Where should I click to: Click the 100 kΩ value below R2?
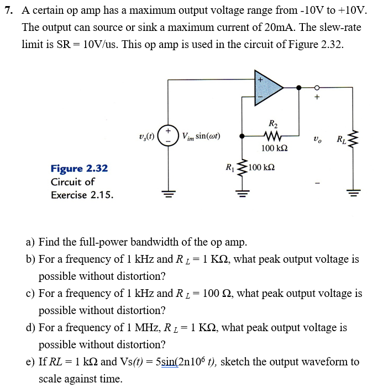274,149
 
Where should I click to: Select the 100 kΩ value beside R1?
261,167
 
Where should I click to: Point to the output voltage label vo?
317,139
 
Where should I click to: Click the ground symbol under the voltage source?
166,194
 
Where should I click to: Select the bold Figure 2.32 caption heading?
79,168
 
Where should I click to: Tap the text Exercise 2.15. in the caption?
82,194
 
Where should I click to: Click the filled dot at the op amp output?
299,87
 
